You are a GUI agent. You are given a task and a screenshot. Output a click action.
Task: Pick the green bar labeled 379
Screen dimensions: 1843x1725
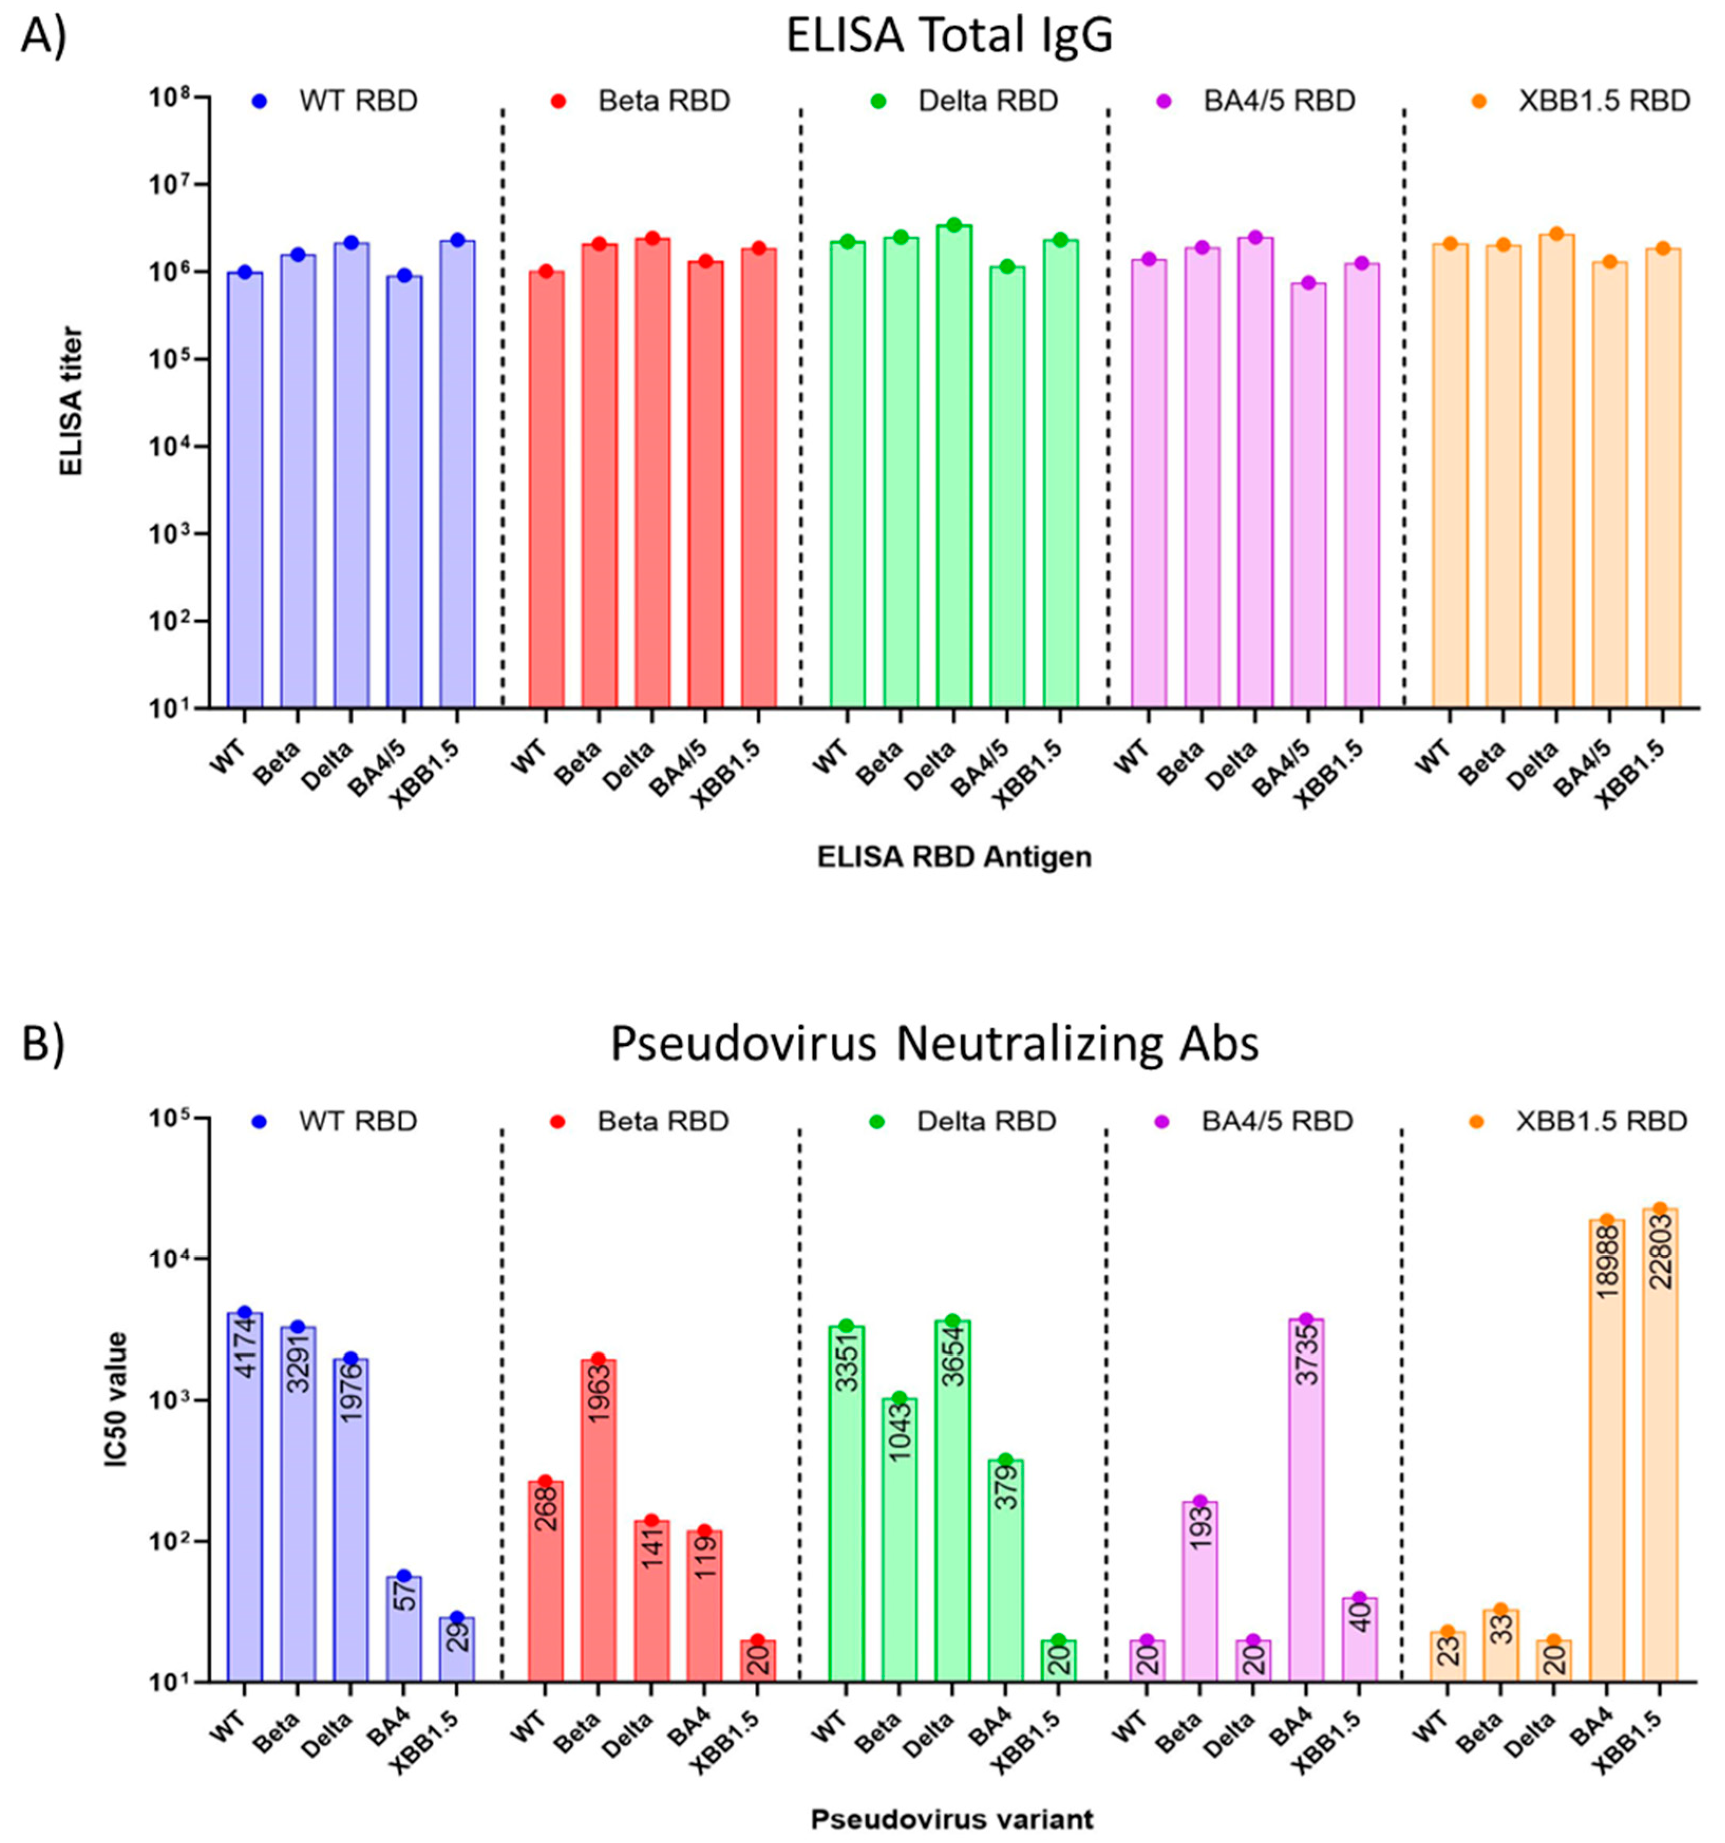[x=1006, y=1576]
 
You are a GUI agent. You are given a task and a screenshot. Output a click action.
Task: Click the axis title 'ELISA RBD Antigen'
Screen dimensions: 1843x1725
[x=954, y=857]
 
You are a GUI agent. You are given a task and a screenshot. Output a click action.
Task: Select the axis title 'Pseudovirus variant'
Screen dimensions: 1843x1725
[x=952, y=1819]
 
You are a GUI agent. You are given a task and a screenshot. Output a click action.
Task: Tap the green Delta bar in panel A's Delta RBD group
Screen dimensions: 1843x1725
[x=953, y=464]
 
